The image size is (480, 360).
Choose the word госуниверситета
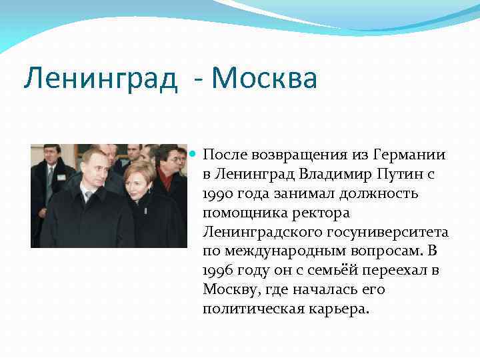click(391, 232)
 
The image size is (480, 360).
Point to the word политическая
click(253, 309)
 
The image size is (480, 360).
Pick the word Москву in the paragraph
click(227, 290)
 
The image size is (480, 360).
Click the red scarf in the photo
click(167, 181)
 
